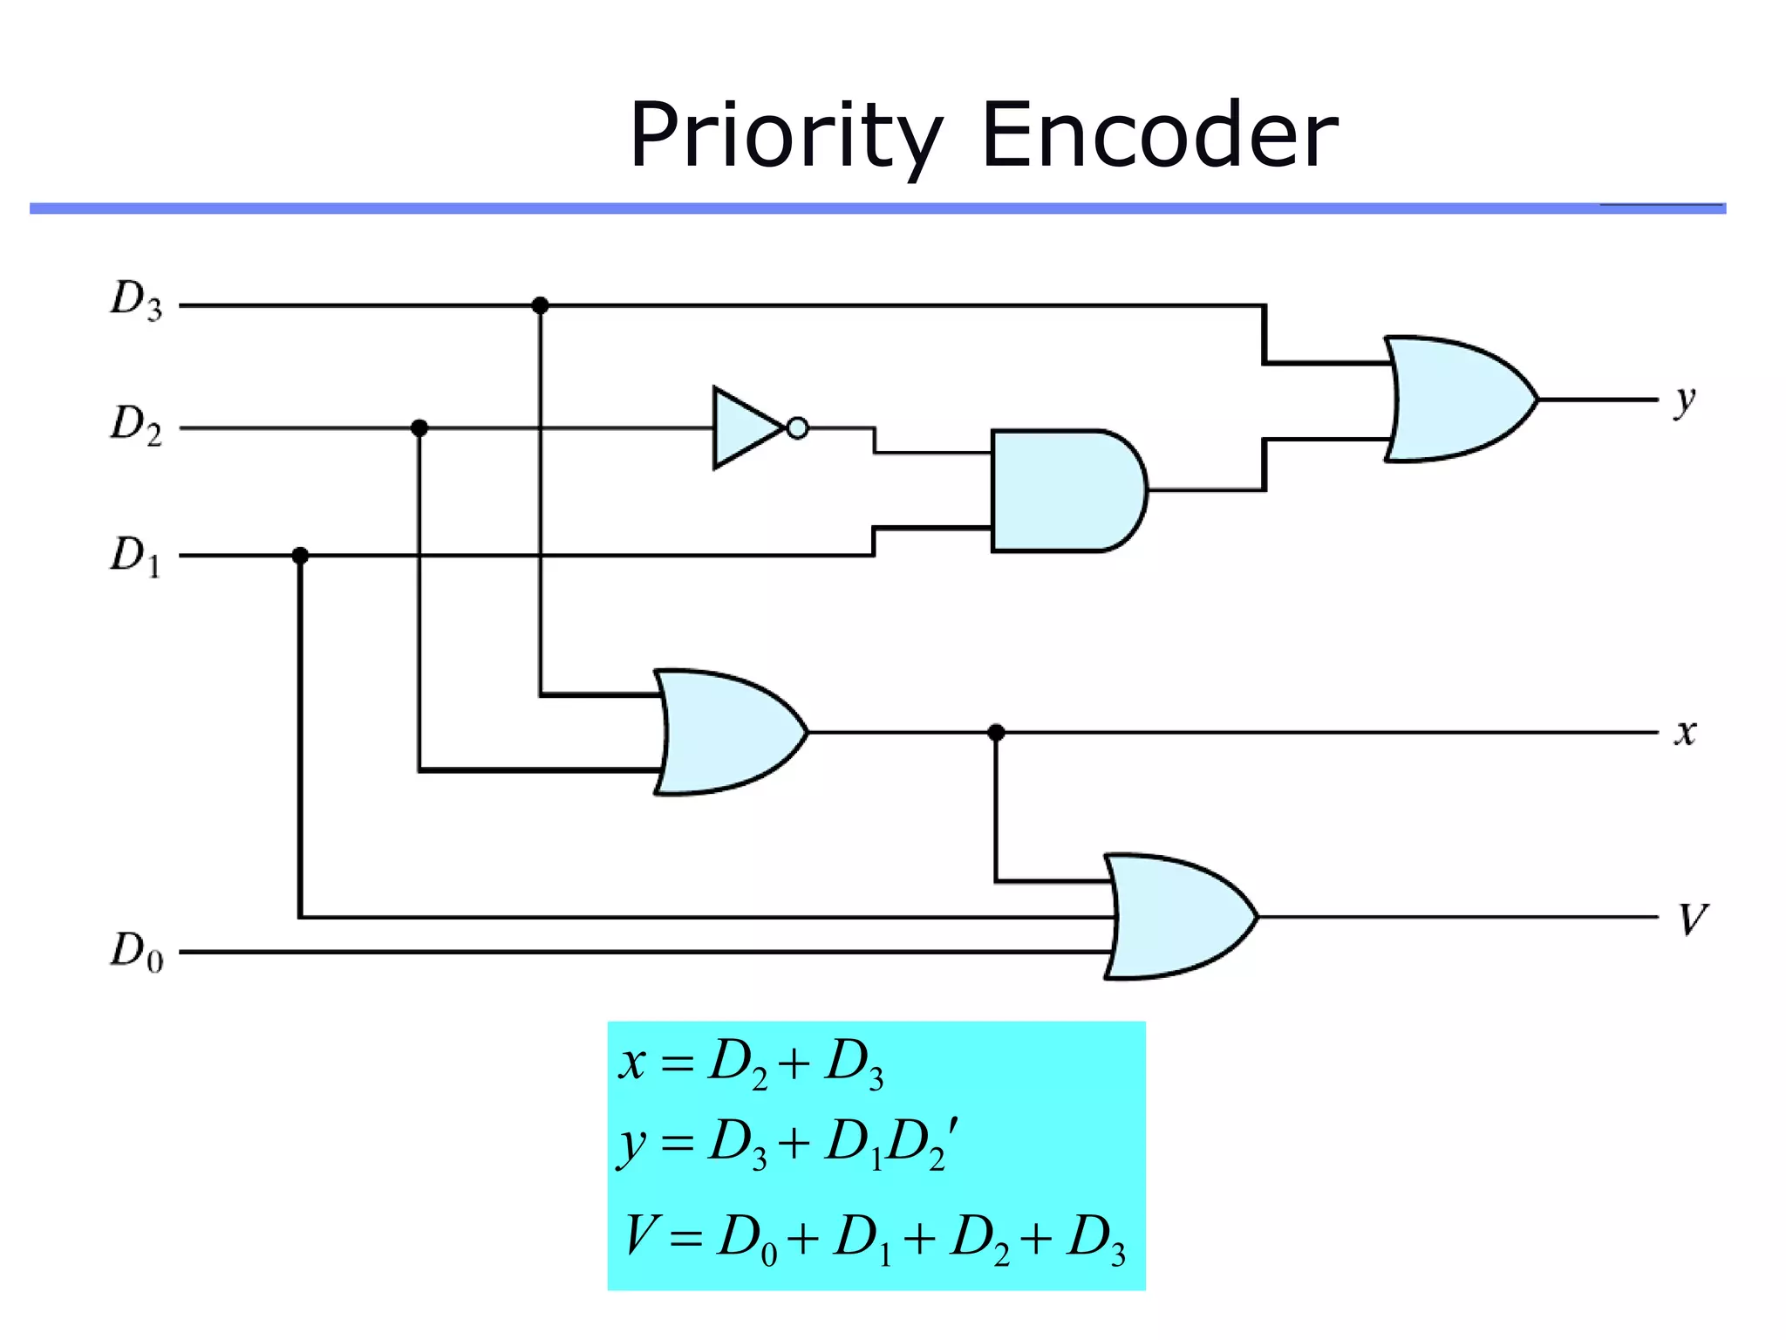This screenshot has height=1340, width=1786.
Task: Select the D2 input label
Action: pos(136,426)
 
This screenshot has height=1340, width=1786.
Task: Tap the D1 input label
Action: pos(136,555)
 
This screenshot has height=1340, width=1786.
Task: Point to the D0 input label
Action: pos(136,951)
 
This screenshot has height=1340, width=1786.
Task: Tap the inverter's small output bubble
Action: pos(797,427)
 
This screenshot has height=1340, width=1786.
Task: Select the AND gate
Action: pos(1064,490)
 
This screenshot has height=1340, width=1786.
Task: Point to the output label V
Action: pos(1692,919)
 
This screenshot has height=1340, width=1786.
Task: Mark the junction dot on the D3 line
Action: pos(540,305)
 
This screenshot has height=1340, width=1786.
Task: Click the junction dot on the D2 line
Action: pos(419,427)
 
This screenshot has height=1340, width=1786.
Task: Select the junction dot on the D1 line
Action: pos(300,555)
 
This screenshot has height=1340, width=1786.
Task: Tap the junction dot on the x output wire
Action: pos(996,732)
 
